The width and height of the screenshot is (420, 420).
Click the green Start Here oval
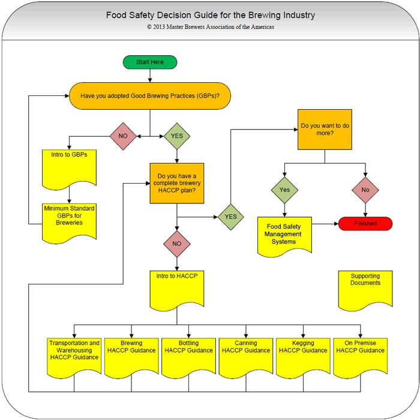(x=151, y=62)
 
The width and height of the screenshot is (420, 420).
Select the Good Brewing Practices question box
(x=150, y=95)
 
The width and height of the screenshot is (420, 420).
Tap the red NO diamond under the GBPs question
(x=124, y=136)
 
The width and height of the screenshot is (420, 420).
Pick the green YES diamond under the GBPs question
(x=177, y=136)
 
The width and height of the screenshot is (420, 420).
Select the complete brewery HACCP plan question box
(x=176, y=182)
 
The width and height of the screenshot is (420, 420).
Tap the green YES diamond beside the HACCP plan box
(x=230, y=217)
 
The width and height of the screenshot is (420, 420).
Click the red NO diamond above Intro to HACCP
(x=176, y=244)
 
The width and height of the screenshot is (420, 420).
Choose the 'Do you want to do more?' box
(x=325, y=130)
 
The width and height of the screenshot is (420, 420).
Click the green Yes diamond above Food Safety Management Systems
(x=284, y=190)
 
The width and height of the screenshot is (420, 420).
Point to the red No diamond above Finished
(x=365, y=190)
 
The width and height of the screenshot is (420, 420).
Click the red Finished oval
(x=365, y=224)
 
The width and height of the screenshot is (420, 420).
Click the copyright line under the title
(x=211, y=27)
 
